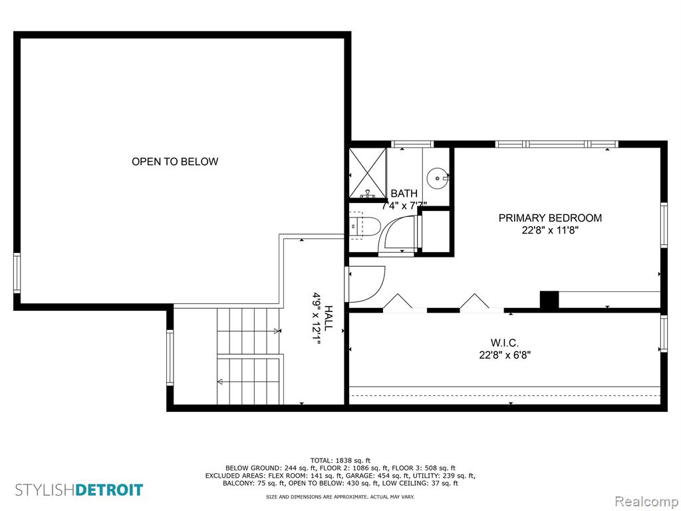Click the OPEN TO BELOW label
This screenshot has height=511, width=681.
pos(175,161)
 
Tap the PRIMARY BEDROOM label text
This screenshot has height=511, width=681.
pos(550,218)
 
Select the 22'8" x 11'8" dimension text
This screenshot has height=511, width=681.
pos(550,230)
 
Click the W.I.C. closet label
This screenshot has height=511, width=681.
pos(505,343)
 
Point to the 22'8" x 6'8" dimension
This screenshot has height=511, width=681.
pos(505,355)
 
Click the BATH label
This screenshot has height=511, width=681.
pos(404,194)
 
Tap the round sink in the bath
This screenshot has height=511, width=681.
pos(437,178)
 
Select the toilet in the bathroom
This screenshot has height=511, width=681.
pos(364,226)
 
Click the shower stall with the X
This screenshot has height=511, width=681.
pos(367,173)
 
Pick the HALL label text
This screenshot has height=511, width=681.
pos(329,318)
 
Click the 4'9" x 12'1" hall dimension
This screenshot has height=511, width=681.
pos(316,319)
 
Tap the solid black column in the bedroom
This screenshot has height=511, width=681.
pos(549,300)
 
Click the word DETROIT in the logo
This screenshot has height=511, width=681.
pos(109,490)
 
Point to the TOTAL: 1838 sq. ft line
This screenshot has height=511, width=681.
pos(340,460)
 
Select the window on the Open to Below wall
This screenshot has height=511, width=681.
pos(17,273)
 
